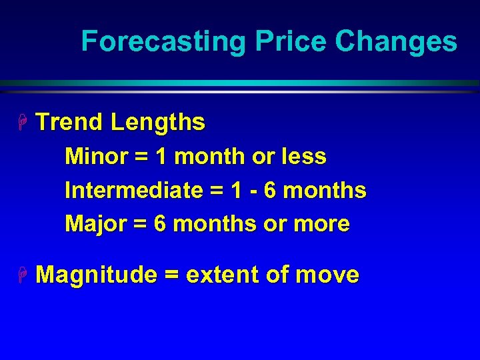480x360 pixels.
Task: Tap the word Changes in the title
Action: coord(396,41)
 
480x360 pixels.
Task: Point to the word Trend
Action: coord(69,123)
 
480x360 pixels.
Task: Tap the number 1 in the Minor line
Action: coord(161,157)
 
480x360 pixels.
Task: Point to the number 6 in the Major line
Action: coord(160,224)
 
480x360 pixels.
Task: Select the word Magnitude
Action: coord(96,275)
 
